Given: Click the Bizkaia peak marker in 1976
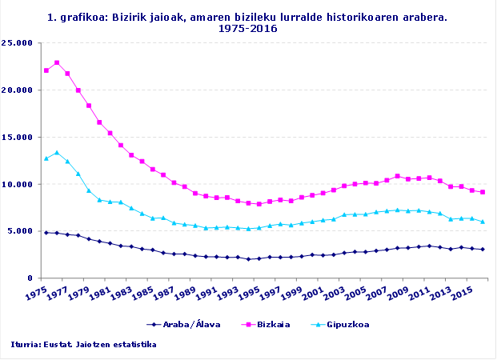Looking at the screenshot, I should pos(57,62).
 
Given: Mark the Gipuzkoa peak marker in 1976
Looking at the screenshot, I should pos(57,153).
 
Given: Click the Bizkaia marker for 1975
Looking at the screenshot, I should pos(46,70).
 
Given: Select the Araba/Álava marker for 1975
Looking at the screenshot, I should pos(46,233).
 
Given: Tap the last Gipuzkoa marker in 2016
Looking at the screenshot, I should pos(482,222).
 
